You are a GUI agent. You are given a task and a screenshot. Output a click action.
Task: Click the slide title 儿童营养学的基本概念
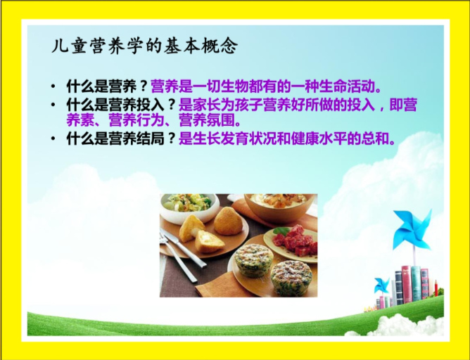tap(145, 46)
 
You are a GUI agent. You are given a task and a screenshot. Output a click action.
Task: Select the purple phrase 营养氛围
tap(207, 120)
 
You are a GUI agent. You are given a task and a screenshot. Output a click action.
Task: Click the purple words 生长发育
tap(221, 139)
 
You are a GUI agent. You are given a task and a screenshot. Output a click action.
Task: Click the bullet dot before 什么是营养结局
tap(53, 139)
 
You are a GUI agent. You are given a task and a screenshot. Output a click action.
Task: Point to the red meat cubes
tap(298, 240)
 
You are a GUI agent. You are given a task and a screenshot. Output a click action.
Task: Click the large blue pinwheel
tap(413, 229)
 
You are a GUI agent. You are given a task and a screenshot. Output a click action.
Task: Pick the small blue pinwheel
tap(381, 285)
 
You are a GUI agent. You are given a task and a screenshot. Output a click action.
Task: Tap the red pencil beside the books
tap(436, 288)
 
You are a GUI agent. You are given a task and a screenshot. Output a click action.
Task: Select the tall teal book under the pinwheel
tap(416, 283)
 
